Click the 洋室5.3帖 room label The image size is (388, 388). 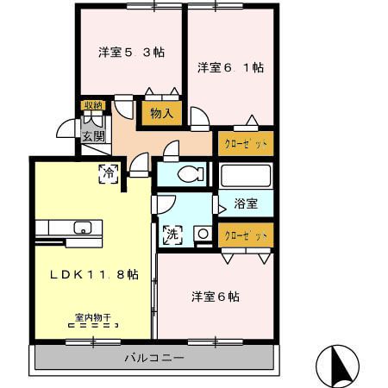click(130, 53)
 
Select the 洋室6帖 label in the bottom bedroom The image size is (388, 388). click(215, 297)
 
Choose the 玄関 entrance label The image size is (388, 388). click(93, 135)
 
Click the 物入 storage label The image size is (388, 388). click(161, 112)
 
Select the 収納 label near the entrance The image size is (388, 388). click(92, 105)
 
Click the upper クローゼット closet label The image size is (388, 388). click(245, 143)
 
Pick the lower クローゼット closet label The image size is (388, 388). click(245, 235)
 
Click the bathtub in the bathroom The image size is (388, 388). click(247, 176)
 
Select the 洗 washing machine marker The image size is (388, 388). click(171, 233)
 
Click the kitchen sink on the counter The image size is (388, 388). click(83, 228)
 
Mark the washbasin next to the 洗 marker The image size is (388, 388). click(201, 233)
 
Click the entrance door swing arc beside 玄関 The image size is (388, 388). click(67, 128)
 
